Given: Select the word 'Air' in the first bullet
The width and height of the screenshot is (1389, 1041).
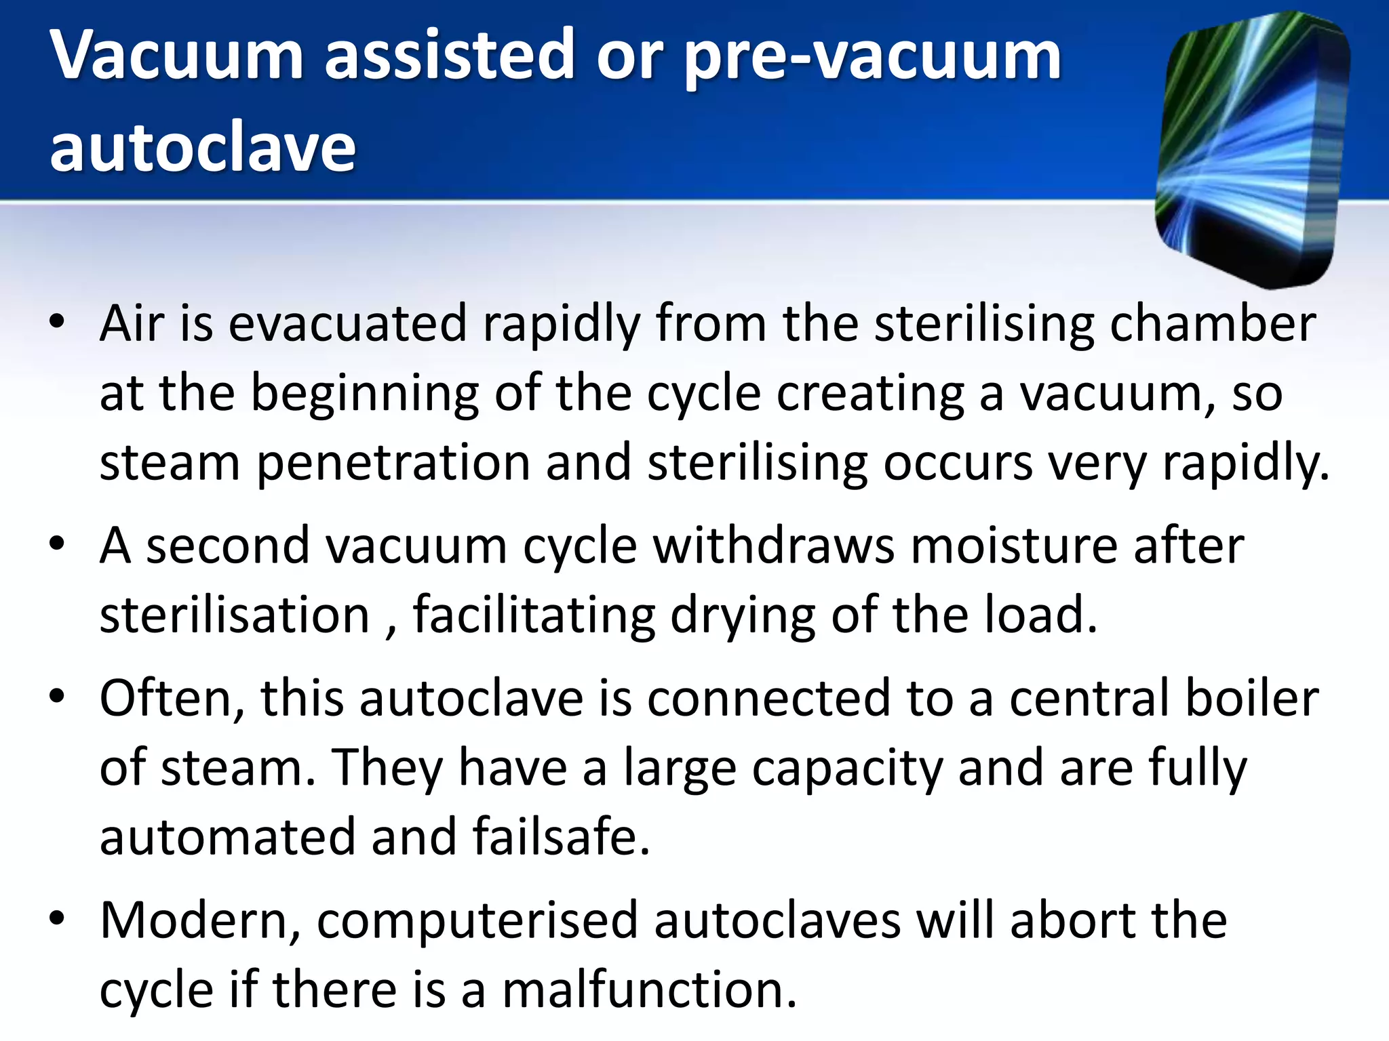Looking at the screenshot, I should [x=132, y=323].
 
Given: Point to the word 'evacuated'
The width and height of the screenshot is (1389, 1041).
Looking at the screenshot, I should [x=347, y=323].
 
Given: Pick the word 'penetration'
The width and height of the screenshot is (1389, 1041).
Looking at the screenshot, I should [x=393, y=464].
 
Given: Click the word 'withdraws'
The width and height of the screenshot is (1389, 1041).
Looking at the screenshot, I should [x=773, y=546].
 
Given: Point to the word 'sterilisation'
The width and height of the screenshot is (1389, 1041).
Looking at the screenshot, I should [x=235, y=615].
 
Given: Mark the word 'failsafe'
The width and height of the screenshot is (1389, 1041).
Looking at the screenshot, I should [x=562, y=836].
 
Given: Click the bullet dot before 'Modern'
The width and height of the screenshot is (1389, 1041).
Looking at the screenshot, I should [x=57, y=918].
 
